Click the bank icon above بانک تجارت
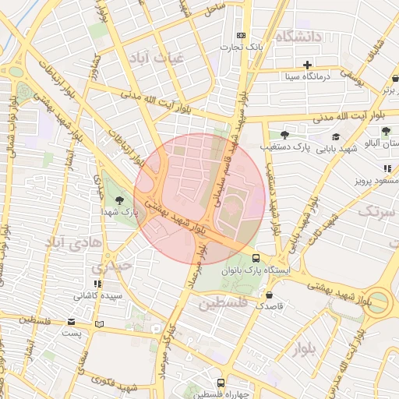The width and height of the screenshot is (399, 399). point(241,36)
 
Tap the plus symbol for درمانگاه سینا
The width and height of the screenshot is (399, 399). point(308,65)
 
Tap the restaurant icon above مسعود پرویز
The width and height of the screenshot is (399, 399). point(387,168)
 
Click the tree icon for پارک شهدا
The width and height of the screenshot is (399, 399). point(118,200)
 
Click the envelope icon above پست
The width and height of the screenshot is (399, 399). point(72,322)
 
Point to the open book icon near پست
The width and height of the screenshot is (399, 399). point(98,323)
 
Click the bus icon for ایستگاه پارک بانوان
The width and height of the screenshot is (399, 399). point(256,259)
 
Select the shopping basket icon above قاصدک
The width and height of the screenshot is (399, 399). point(269,296)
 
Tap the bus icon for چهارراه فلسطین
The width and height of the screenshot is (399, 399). point(221,383)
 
